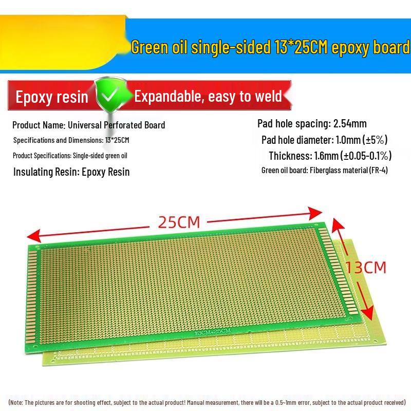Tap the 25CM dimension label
coord(178,222)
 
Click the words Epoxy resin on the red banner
coord(52,97)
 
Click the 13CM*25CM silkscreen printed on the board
coord(212,332)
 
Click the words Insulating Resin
coord(45,172)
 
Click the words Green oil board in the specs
coord(284,171)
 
